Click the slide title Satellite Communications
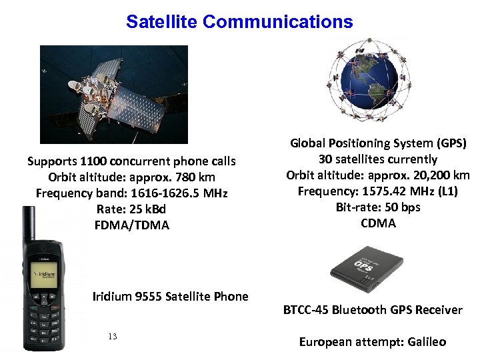pyautogui.click(x=239, y=22)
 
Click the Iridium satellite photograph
pyautogui.click(x=114, y=94)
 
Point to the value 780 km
pyautogui.click(x=196, y=177)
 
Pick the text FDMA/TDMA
pyautogui.click(x=132, y=225)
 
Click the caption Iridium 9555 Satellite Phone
pyautogui.click(x=170, y=297)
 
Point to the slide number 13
pyautogui.click(x=112, y=337)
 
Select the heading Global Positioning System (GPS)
pyautogui.click(x=378, y=143)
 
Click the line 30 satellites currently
pyautogui.click(x=378, y=159)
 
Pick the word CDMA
pyautogui.click(x=378, y=223)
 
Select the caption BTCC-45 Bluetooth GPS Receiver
pyautogui.click(x=373, y=310)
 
